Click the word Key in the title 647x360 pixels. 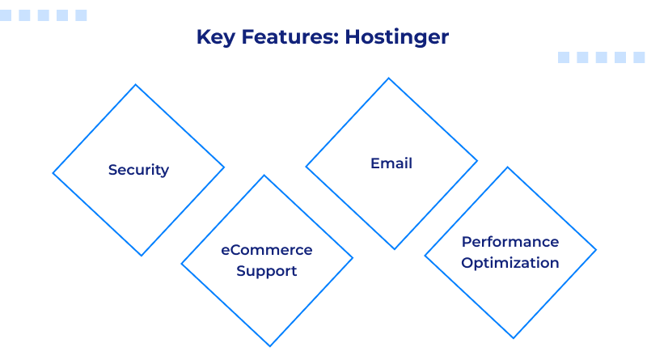[214, 37]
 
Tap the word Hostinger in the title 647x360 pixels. [397, 37]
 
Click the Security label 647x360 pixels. [138, 170]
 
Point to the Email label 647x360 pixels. [391, 163]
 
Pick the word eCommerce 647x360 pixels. [267, 250]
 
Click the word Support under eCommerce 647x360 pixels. [267, 271]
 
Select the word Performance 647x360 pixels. [510, 242]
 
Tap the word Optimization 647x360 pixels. [510, 263]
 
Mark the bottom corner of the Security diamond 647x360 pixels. [142, 256]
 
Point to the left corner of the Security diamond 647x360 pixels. [53, 172]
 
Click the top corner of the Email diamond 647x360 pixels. [390, 78]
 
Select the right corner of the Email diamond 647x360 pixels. [477, 162]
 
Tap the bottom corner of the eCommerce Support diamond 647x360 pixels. [269, 346]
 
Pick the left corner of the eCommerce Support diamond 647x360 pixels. [182, 262]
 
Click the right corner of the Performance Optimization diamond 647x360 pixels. [596, 250]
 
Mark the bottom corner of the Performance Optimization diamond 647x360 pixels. [513, 338]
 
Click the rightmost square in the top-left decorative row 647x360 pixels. [81, 15]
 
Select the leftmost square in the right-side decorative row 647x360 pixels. [564, 57]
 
